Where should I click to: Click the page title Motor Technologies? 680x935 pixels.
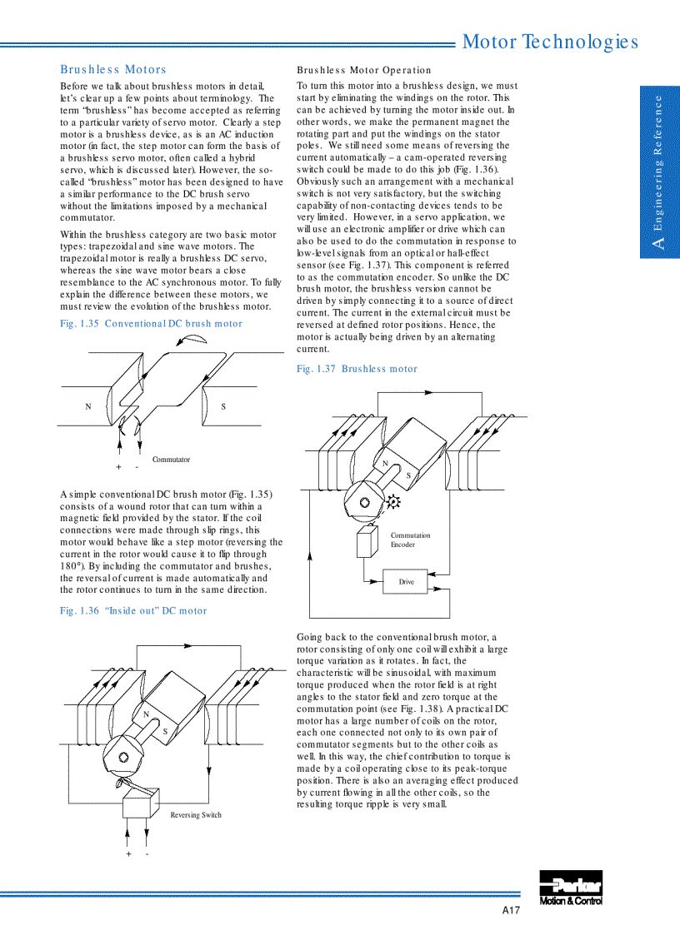pos(550,42)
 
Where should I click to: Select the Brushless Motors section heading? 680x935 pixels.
pos(113,70)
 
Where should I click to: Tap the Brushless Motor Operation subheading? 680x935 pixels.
pos(364,70)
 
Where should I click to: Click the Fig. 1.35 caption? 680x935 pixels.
pos(151,324)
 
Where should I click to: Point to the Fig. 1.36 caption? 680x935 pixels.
pos(133,611)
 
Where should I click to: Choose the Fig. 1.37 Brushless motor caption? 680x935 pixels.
pos(357,369)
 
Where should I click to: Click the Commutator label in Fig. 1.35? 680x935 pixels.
pos(171,460)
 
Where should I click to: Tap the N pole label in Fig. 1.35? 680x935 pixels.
pos(87,407)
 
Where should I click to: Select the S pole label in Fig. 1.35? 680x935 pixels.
pos(223,407)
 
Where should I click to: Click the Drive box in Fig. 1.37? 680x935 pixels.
pos(405,581)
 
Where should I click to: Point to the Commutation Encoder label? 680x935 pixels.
pos(411,540)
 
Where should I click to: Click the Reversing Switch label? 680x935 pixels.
pos(196,815)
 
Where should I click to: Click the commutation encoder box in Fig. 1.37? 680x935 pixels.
pos(367,542)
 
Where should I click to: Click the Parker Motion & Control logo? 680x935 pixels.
pos(571,888)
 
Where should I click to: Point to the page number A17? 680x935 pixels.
pos(510,911)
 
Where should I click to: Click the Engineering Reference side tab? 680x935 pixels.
pos(659,172)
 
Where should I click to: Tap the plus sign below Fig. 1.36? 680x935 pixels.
pos(128,854)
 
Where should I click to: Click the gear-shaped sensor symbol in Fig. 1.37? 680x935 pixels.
pos(393,501)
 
